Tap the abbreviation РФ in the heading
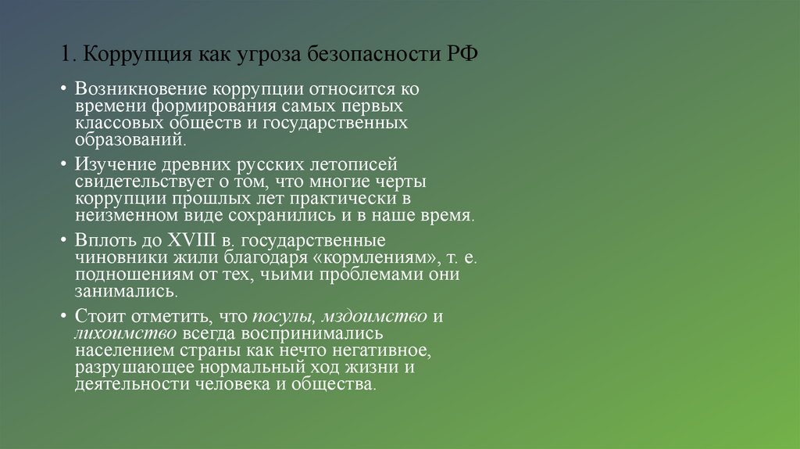coord(463,56)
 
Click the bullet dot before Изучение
coord(63,166)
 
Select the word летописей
coord(355,166)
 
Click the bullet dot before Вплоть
coord(63,241)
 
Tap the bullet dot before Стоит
coord(63,317)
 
